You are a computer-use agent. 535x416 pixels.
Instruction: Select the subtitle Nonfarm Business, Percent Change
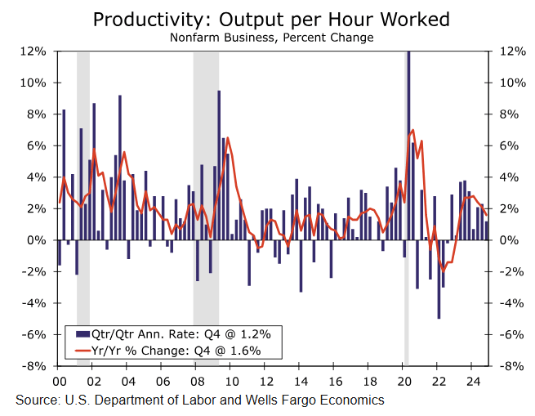(271, 38)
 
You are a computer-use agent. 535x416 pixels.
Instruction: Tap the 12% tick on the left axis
(33, 51)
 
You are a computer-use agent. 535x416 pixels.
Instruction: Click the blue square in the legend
(81, 333)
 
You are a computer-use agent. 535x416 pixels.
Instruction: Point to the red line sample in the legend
(81, 351)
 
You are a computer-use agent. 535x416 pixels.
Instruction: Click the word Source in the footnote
(36, 400)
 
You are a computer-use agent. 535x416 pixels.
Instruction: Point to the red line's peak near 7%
(413, 130)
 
